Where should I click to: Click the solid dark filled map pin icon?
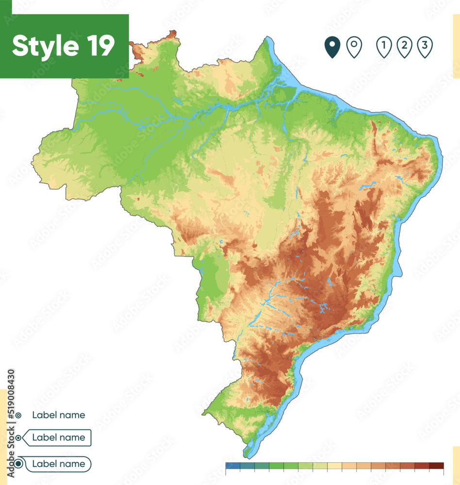pos(332,47)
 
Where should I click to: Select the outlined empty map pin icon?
pos(354,47)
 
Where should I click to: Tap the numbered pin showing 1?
pos(384,47)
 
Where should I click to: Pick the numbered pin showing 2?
pos(404,47)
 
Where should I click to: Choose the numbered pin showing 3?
pos(425,47)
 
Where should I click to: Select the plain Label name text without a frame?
pos(58,415)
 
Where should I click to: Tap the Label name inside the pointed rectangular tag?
pos(58,437)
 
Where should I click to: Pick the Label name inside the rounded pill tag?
pos(58,464)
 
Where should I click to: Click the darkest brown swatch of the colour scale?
pos(436,466)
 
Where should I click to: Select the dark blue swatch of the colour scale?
pos(233,466)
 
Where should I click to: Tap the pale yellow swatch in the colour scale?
pos(335,466)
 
